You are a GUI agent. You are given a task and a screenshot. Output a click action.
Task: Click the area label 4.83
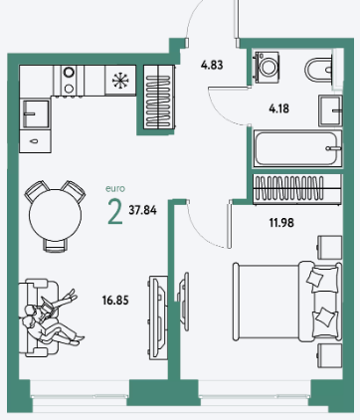[212, 65]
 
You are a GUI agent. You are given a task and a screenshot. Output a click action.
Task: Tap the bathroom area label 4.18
[279, 108]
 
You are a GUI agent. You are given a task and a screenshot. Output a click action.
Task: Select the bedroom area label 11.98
[281, 223]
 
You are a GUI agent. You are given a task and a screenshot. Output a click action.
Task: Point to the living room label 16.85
[115, 301]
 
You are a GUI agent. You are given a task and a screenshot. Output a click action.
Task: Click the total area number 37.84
[143, 210]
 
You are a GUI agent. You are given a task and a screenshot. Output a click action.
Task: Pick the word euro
[115, 189]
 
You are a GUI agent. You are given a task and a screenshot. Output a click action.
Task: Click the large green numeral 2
[115, 212]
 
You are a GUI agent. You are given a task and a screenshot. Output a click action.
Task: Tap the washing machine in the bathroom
[267, 66]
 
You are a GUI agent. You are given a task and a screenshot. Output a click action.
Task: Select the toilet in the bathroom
[319, 70]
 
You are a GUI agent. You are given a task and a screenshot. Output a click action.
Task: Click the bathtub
[297, 148]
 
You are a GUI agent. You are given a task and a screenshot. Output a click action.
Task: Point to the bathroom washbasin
[330, 110]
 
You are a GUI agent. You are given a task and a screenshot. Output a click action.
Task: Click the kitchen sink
[35, 113]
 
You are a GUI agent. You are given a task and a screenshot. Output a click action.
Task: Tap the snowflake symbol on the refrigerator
[118, 81]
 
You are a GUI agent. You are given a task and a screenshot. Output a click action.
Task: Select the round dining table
[55, 215]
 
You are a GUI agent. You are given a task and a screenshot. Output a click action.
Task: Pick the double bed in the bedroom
[287, 302]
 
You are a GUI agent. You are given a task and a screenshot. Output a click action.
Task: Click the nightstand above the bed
[330, 247]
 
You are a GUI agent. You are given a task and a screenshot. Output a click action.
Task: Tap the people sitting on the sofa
[53, 317]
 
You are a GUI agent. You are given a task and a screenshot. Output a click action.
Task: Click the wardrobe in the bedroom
[297, 188]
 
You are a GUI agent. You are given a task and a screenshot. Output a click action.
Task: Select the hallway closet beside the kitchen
[159, 97]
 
